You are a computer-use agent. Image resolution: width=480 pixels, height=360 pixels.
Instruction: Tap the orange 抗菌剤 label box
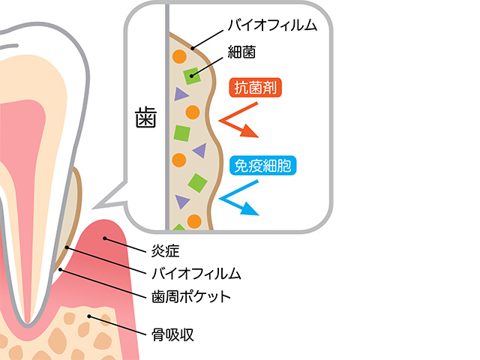click(x=259, y=87)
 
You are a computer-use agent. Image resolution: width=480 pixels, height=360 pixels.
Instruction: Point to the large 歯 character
click(x=145, y=118)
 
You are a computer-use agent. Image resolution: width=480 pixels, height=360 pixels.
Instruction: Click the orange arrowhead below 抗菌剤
click(x=250, y=133)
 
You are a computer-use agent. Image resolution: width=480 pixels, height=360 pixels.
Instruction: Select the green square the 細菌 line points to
click(x=190, y=75)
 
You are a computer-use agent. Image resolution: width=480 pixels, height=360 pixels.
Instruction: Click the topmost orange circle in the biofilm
click(x=179, y=55)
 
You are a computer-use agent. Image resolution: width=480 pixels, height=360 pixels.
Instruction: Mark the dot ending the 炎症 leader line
click(x=106, y=238)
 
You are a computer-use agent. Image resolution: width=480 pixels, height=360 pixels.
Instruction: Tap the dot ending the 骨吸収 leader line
click(x=91, y=316)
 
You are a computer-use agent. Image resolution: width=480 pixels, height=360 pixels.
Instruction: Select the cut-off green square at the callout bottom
click(x=178, y=227)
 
